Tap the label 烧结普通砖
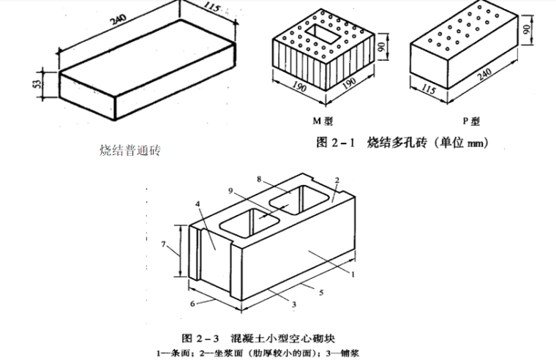tap(129, 151)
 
